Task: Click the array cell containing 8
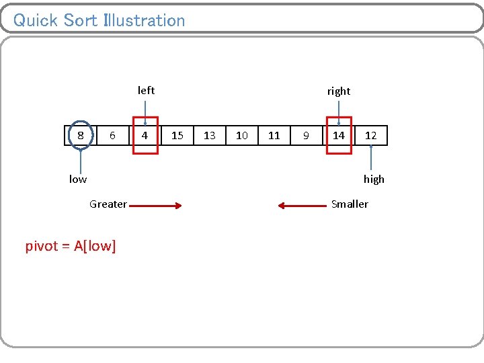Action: tap(81, 135)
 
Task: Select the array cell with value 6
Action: tap(112, 135)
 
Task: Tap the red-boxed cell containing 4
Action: tap(145, 135)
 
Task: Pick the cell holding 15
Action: tap(177, 135)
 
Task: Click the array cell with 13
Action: tap(210, 135)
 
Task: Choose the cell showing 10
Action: tap(242, 135)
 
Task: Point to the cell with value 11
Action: tap(274, 135)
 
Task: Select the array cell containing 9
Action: tap(306, 135)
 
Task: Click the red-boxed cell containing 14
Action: tap(339, 135)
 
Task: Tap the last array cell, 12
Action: tap(371, 135)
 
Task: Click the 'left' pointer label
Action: tap(146, 90)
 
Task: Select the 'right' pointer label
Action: tap(339, 91)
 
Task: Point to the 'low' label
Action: tap(78, 179)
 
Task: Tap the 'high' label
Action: tap(374, 179)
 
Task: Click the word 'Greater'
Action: tap(108, 204)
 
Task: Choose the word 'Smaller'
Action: tap(350, 204)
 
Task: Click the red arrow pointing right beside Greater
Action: tap(156, 206)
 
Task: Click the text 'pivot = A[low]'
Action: tap(71, 246)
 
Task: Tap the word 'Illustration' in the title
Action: tap(144, 20)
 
